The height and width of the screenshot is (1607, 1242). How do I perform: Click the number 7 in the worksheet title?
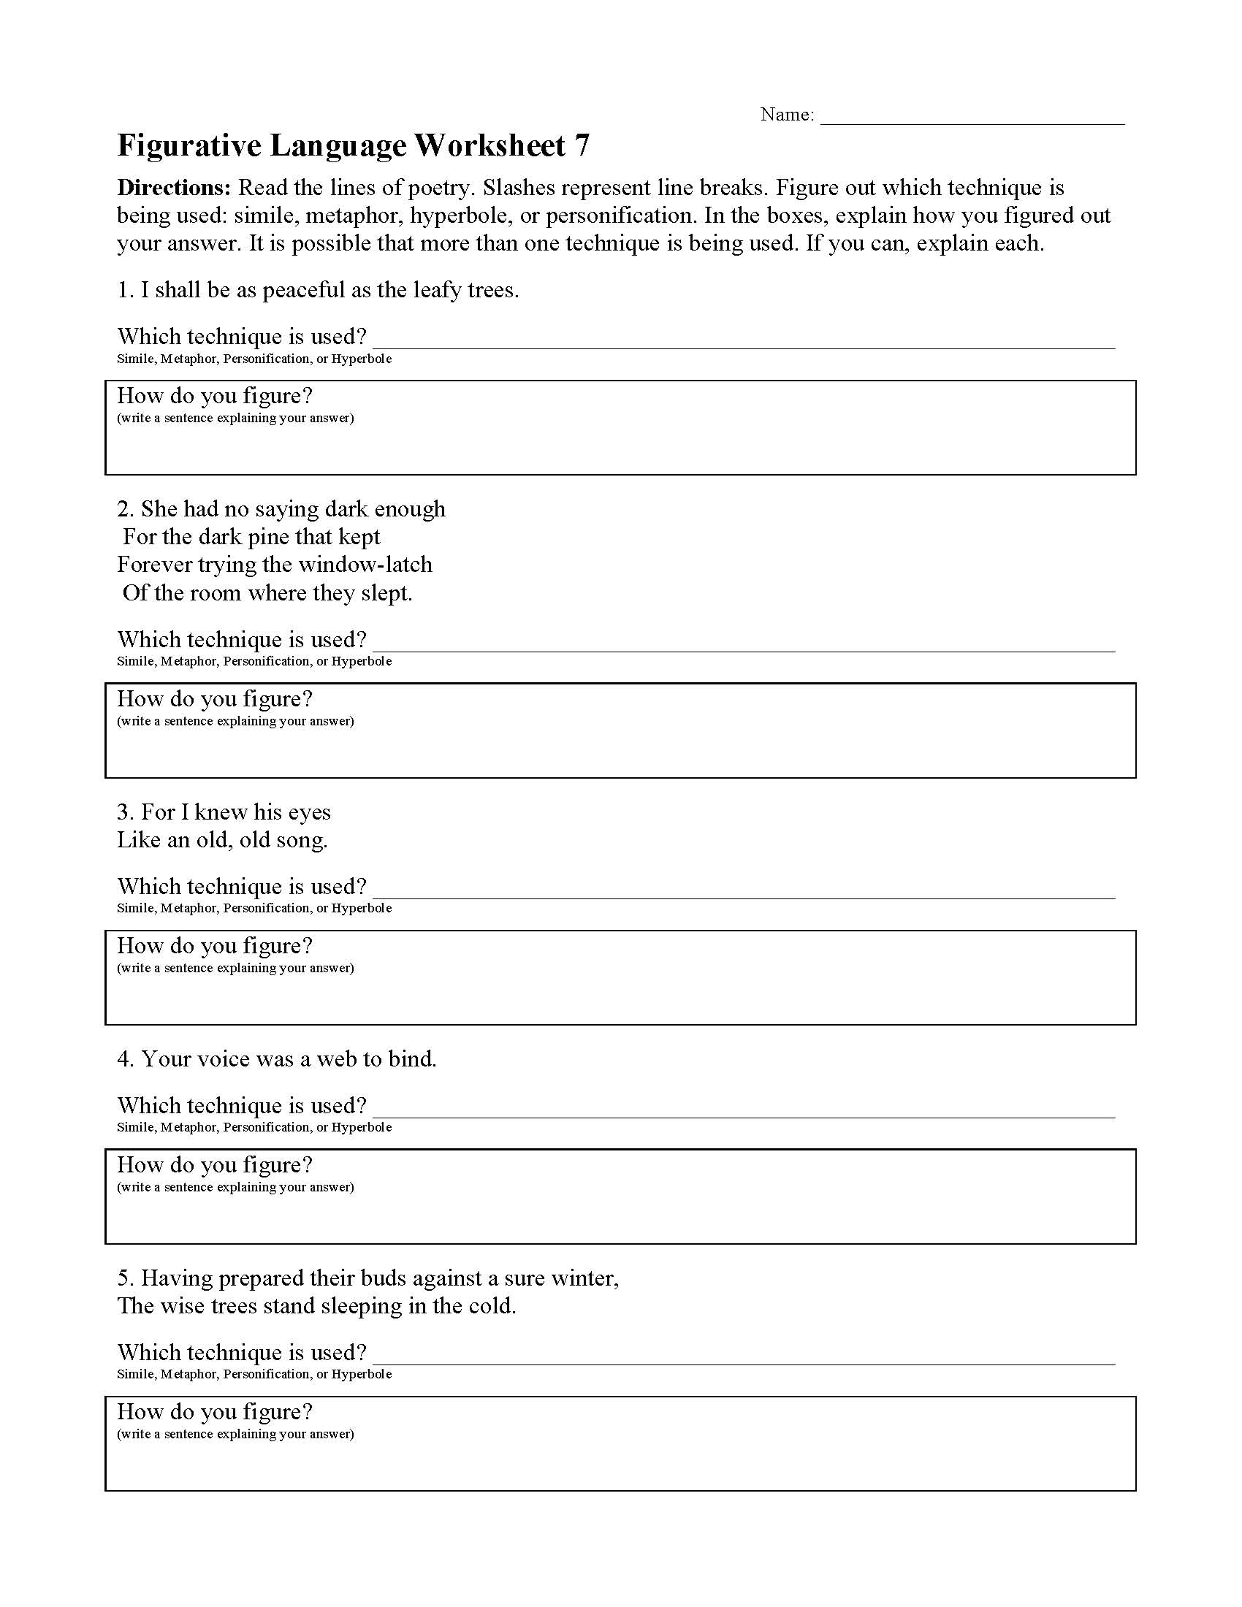point(582,146)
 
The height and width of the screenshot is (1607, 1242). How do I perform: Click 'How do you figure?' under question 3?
point(215,946)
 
